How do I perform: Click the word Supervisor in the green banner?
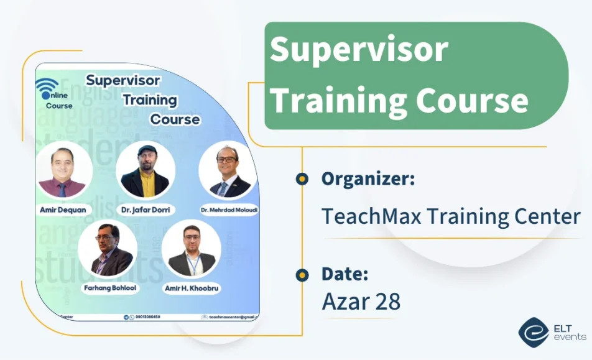[359, 50]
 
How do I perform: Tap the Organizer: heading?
[368, 179]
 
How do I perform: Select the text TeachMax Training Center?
[451, 216]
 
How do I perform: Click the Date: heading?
[345, 274]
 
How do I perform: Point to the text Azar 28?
[361, 302]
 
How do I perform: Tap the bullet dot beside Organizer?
[302, 179]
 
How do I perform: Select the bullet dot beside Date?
[302, 274]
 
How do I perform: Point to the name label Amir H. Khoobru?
[192, 288]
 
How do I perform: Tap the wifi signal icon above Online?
[47, 85]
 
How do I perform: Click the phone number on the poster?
[147, 317]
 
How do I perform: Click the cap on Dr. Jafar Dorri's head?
[145, 150]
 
